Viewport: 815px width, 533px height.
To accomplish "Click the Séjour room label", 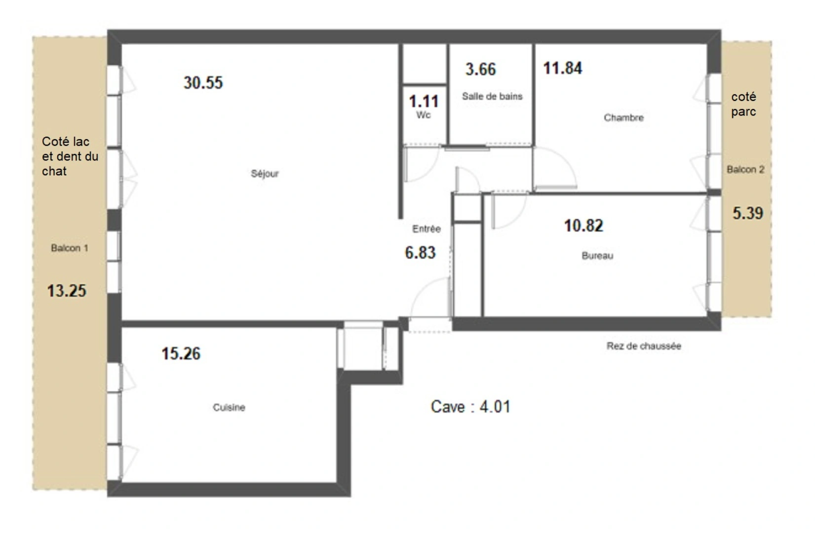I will point(265,174).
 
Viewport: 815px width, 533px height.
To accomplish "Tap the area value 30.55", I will point(203,82).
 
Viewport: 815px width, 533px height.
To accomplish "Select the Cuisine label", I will point(229,408).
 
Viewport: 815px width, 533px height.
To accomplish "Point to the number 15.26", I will point(181,353).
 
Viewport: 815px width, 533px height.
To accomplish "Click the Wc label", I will point(424,115).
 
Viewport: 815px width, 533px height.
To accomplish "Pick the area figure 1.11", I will point(424,101).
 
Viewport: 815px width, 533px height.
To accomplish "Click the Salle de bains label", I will point(492,96).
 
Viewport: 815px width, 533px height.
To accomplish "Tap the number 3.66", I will point(480,69).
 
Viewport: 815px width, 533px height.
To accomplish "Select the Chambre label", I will point(623,117).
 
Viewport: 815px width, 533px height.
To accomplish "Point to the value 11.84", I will point(563,68).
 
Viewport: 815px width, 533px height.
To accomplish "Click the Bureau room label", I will point(597,256).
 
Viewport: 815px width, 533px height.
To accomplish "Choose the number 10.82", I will point(583,226).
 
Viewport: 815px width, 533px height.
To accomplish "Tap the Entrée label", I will point(427,228).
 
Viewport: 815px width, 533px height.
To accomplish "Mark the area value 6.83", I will point(420,253).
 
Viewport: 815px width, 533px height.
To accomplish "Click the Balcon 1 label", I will point(70,248).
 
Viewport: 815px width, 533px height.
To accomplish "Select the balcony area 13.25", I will point(67,291).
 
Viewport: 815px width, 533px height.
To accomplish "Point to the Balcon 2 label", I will point(745,169).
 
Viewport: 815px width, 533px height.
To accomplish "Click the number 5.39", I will point(747,213).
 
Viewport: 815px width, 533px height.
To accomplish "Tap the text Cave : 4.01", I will point(470,407).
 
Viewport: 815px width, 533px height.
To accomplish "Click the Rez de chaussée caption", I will point(644,346).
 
